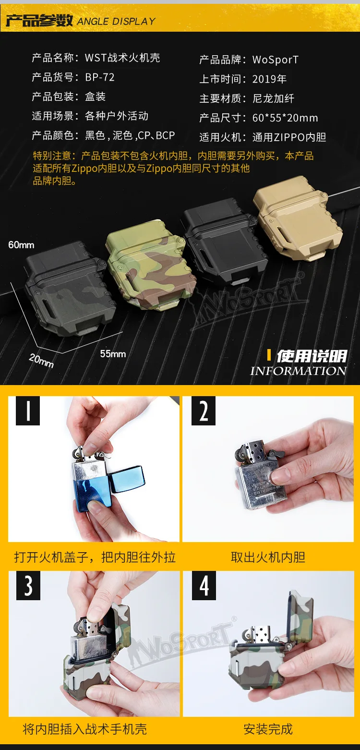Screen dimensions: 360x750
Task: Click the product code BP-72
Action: click(100, 77)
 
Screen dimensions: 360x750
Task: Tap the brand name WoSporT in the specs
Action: click(276, 60)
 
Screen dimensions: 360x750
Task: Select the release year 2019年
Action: click(269, 79)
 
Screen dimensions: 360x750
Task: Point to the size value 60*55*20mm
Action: click(285, 118)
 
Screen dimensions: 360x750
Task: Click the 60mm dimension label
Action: click(21, 245)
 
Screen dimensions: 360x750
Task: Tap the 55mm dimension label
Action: click(113, 354)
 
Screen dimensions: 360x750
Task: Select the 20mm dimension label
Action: click(41, 361)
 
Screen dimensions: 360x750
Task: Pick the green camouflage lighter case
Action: click(151, 265)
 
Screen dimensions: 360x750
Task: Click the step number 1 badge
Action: click(28, 411)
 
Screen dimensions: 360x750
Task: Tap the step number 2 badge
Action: click(204, 411)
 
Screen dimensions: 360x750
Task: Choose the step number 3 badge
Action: click(28, 586)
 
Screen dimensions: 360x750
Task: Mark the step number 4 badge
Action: click(204, 586)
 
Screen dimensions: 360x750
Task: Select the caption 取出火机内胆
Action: click(268, 557)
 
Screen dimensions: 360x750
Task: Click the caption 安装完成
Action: click(268, 729)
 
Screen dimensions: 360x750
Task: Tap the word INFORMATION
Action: click(299, 371)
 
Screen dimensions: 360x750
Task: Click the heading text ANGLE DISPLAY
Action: click(117, 22)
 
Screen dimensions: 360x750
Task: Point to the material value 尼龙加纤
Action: click(273, 98)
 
